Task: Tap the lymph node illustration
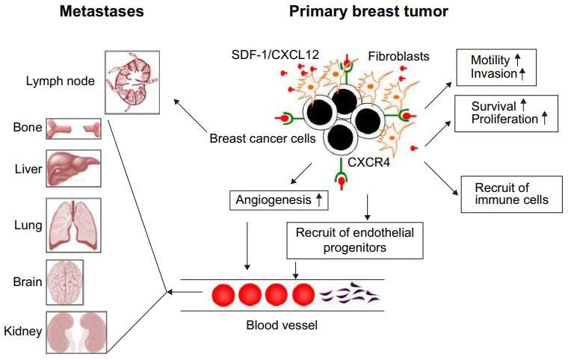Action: coord(133,81)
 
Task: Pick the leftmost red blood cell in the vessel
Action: coord(226,295)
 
